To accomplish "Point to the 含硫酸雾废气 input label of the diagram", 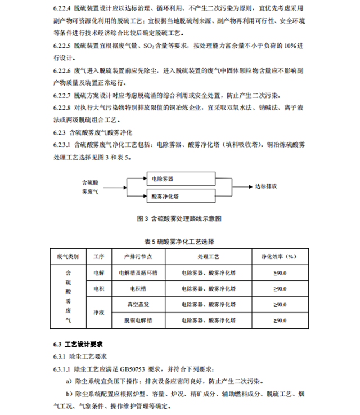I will click(90, 188).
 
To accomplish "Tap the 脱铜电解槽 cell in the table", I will click(137, 320).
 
